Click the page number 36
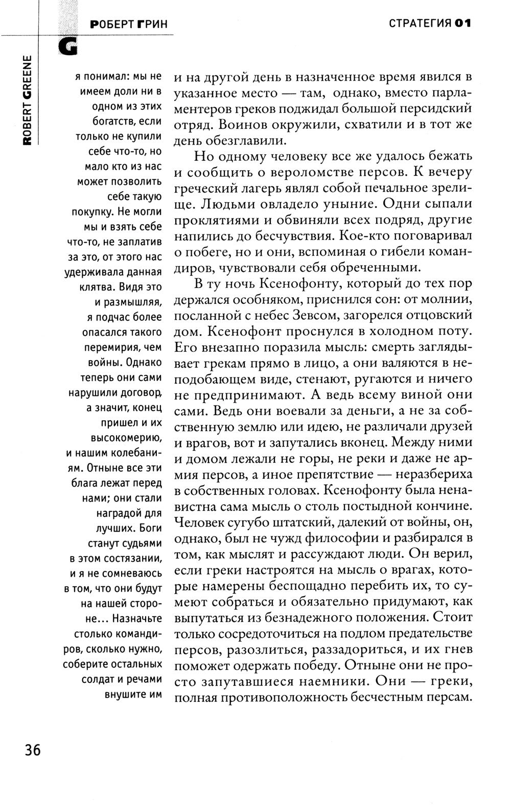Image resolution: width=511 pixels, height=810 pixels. (x=32, y=750)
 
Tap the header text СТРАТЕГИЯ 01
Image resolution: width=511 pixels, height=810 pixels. (x=429, y=23)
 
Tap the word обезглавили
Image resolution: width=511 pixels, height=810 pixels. (x=247, y=140)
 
